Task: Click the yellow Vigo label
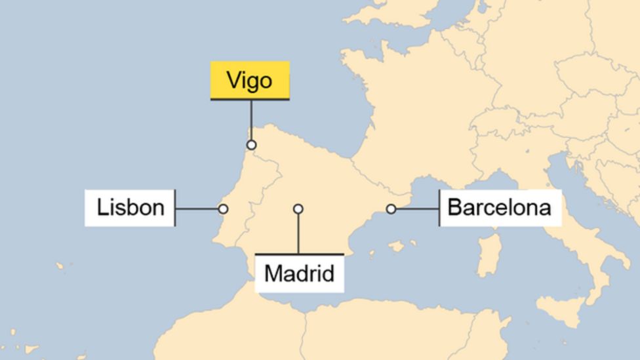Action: (x=249, y=80)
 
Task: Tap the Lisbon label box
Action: (x=130, y=208)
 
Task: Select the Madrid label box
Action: (x=299, y=273)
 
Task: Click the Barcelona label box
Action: (x=500, y=208)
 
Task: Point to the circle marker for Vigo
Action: (x=251, y=145)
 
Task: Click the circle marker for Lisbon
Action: (x=223, y=209)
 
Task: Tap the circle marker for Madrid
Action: (x=298, y=209)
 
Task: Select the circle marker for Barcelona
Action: (x=391, y=209)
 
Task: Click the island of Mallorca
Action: (x=396, y=246)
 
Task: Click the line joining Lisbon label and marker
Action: (x=197, y=209)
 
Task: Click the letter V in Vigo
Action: (x=233, y=81)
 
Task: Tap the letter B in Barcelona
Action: (x=454, y=208)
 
